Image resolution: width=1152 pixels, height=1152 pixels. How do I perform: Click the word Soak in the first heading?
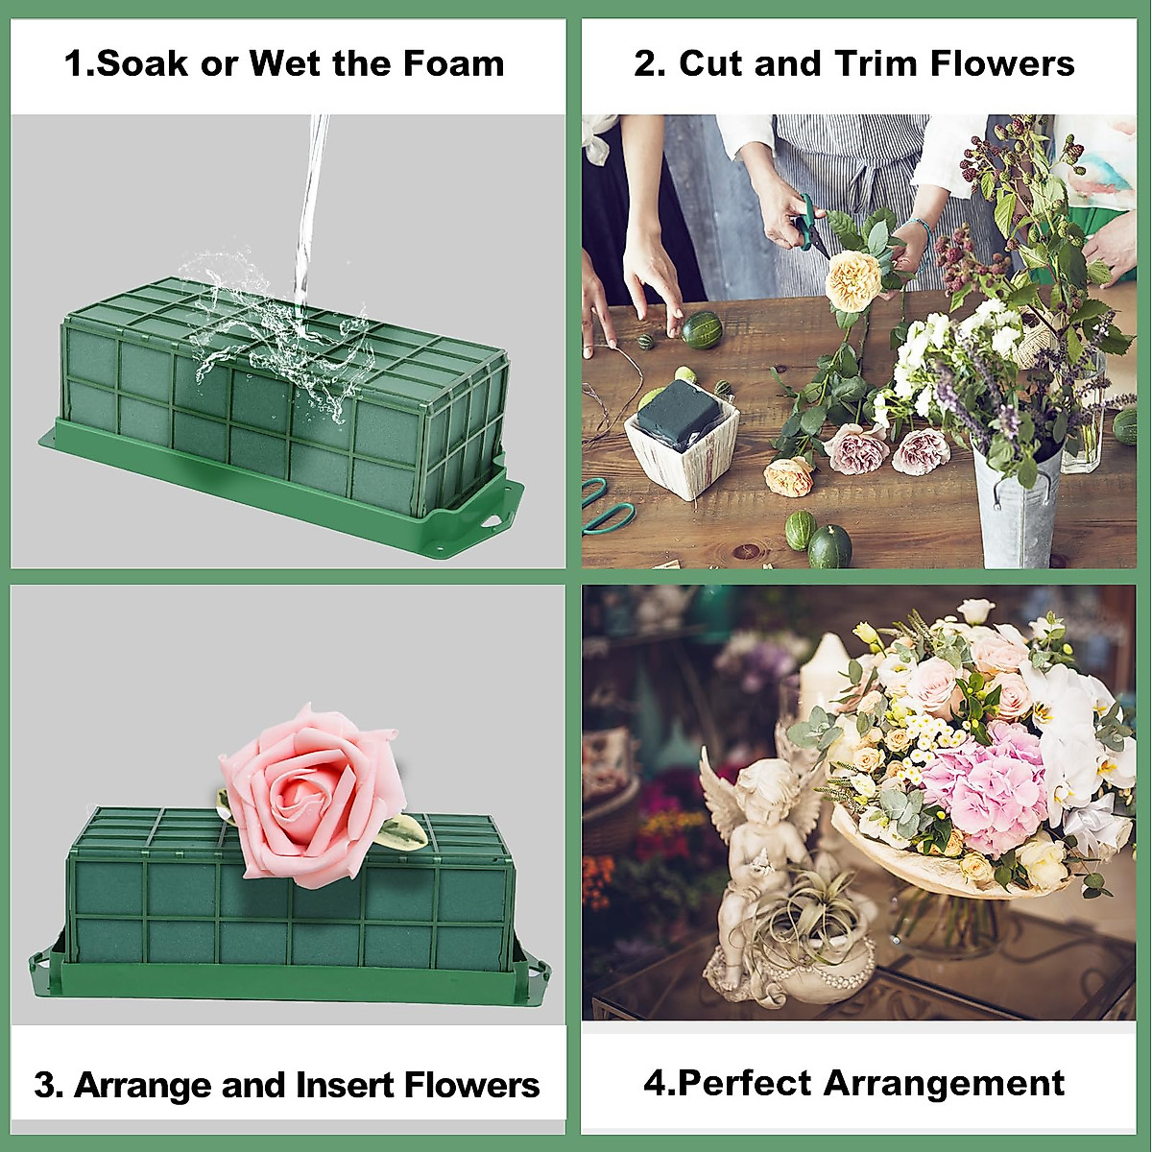click(140, 64)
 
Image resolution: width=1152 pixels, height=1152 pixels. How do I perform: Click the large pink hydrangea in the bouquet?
click(984, 787)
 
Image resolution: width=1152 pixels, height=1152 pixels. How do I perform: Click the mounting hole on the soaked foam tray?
click(493, 519)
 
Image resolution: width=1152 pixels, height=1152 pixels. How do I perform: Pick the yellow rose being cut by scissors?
click(853, 279)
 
